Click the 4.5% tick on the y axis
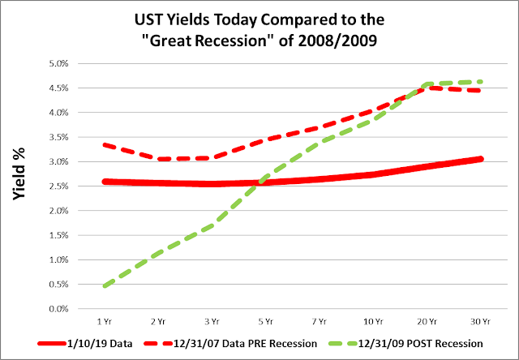point(58,88)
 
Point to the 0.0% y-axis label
point(58,309)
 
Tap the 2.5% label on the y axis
point(58,186)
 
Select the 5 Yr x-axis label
point(266,321)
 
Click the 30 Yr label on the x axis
point(481,321)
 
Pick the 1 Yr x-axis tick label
point(105,321)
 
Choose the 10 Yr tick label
point(373,321)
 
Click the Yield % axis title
point(19,174)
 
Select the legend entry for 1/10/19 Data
point(85,344)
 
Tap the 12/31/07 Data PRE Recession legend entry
point(230,344)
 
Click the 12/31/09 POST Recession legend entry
point(405,344)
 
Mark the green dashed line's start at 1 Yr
point(105,285)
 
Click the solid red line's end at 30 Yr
point(481,159)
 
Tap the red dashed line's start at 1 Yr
point(105,144)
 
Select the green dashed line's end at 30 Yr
point(481,81)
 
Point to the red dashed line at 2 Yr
point(159,159)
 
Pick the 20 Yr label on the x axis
point(427,321)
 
